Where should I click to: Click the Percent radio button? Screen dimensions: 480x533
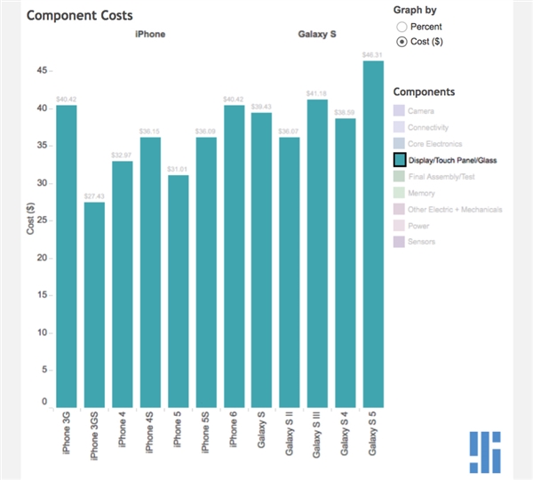(x=402, y=28)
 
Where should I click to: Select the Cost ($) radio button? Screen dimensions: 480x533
(x=402, y=42)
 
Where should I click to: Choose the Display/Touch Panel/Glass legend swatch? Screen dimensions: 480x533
(x=400, y=160)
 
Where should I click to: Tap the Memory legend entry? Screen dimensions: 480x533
(x=422, y=193)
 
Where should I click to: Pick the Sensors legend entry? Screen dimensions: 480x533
(x=422, y=242)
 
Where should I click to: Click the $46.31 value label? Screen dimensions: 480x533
(x=373, y=55)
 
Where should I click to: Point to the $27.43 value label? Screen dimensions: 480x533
(x=94, y=196)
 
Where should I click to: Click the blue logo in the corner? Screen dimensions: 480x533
(x=486, y=452)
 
